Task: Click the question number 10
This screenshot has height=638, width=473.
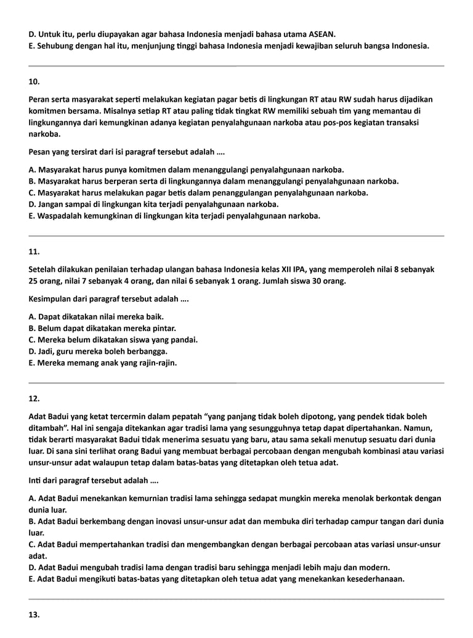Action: coord(34,81)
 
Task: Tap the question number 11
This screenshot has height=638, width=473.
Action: coord(34,252)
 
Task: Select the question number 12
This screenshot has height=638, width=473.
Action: coord(34,399)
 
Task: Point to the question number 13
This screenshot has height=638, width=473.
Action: coord(34,615)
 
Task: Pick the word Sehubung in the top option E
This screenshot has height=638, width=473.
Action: coord(55,46)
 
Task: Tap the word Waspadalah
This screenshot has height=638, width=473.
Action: coord(60,216)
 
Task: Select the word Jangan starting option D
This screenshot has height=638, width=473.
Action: coord(52,204)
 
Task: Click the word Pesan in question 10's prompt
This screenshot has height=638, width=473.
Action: coord(40,152)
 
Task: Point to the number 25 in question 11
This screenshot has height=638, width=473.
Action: coord(34,281)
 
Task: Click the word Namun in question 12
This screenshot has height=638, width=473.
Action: coord(421,428)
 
